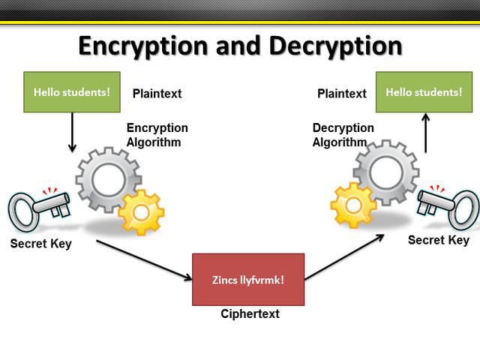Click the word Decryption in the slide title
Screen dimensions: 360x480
pyautogui.click(x=331, y=46)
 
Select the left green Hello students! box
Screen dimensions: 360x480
pyautogui.click(x=72, y=92)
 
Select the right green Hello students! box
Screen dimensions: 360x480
pyautogui.click(x=424, y=92)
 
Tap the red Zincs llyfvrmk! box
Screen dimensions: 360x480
pyautogui.click(x=248, y=280)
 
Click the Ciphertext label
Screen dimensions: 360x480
pyautogui.click(x=250, y=313)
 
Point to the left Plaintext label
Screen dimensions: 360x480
pyautogui.click(x=157, y=94)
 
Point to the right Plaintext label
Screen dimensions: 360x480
pyautogui.click(x=342, y=94)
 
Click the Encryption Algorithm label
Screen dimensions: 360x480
pyautogui.click(x=157, y=135)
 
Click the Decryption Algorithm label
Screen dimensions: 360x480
pyautogui.click(x=343, y=135)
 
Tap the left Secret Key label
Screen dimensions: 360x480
pyautogui.click(x=40, y=244)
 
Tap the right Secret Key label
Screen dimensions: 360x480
pyautogui.click(x=438, y=240)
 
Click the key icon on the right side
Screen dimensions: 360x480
pyautogui.click(x=448, y=205)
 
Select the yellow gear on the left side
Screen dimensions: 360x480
pyautogui.click(x=141, y=212)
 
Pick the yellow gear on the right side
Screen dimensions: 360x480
pyautogui.click(x=353, y=205)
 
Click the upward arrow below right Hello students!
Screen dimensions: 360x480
pyautogui.click(x=425, y=133)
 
